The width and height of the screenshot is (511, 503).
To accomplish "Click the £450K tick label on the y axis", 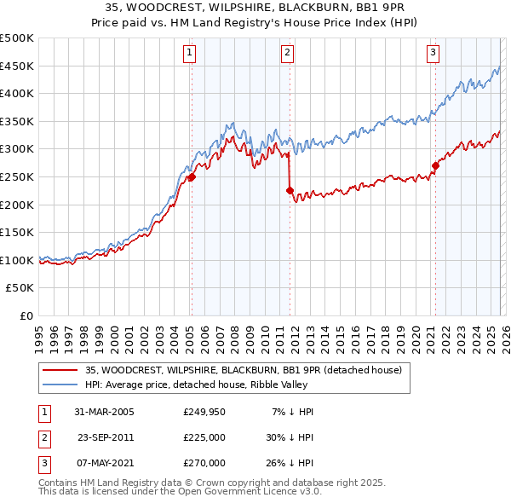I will coord(17,66).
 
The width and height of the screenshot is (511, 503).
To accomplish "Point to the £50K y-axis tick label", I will coord(20,288).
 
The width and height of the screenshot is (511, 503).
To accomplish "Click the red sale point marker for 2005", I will coord(192,177).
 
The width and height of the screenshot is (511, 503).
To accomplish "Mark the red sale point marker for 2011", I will coord(290,191).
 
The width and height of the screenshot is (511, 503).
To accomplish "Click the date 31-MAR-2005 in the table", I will coord(104,412).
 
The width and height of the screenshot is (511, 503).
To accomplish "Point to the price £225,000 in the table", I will coord(204,437).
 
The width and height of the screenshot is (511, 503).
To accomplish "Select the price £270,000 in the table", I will coord(204,463).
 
